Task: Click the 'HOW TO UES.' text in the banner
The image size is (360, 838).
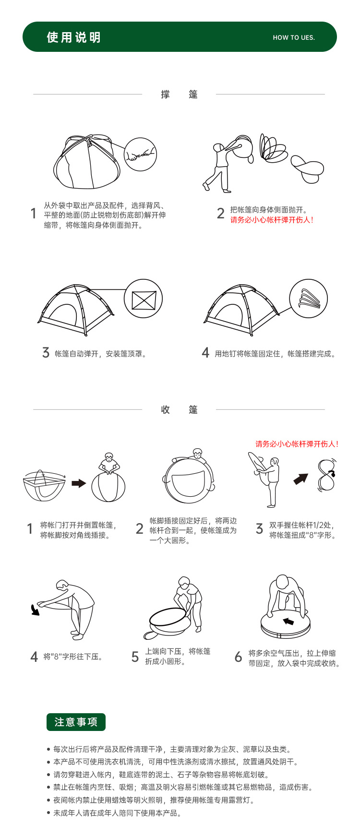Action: (294, 37)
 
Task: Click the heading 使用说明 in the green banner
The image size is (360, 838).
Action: (74, 37)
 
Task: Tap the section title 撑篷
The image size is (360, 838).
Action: (180, 95)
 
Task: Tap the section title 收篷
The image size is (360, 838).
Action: (180, 410)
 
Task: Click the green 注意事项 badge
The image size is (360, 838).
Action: (76, 722)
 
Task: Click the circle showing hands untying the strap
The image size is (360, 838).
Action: (141, 154)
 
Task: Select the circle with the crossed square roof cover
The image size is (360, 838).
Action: (144, 299)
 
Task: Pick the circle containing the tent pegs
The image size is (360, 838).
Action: (309, 299)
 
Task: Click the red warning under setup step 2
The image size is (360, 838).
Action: (272, 220)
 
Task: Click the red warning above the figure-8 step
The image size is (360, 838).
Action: (297, 444)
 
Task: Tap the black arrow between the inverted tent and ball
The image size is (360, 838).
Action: (79, 483)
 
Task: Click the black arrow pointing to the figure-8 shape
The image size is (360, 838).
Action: (301, 479)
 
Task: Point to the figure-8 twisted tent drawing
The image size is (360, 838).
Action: (327, 475)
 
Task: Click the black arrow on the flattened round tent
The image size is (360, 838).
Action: (288, 622)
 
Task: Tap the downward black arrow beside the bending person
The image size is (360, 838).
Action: (35, 610)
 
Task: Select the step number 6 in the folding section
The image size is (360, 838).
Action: (238, 657)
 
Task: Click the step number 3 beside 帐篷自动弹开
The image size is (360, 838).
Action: (46, 353)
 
